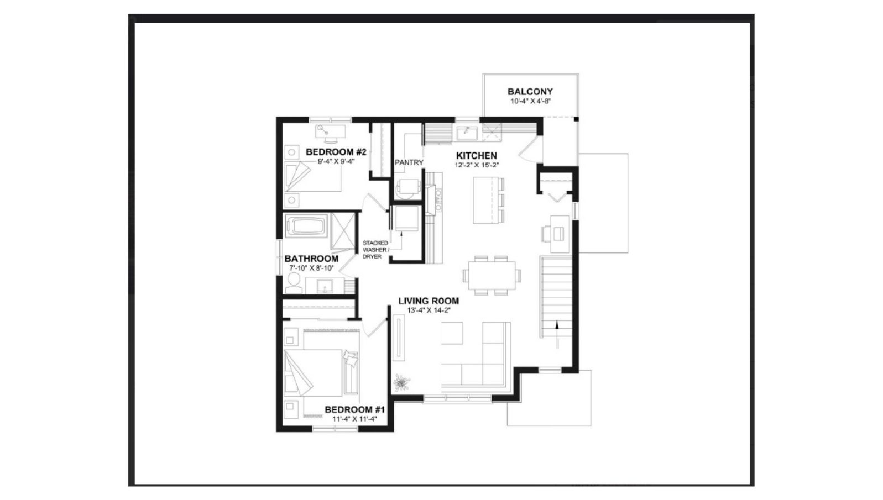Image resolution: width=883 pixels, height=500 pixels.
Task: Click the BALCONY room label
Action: pos(530,91)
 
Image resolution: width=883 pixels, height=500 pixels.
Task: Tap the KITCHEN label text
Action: pos(477,156)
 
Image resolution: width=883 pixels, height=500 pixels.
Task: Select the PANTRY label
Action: pos(409,162)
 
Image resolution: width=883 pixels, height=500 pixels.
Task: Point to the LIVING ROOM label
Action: pos(429,301)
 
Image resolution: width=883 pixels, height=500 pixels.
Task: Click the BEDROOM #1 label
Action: pos(355,410)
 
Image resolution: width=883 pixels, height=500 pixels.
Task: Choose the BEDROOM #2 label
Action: pos(336,152)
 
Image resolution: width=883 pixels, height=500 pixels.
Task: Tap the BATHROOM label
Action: pos(311,259)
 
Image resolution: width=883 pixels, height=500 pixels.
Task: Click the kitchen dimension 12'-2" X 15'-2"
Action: pos(477,165)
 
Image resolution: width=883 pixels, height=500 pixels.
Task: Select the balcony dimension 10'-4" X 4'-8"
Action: pos(530,101)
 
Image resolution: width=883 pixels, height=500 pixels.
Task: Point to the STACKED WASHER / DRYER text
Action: pos(375,250)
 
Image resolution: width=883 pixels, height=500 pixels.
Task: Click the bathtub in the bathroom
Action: pos(306,226)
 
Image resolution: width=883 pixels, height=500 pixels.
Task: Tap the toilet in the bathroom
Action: pos(294,283)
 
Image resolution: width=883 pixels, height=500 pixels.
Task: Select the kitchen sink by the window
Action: pos(467,133)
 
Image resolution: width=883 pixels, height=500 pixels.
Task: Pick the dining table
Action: pos(492,275)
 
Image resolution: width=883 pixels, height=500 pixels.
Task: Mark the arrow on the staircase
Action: pos(557,334)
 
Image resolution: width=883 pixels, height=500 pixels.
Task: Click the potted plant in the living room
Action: pos(401,382)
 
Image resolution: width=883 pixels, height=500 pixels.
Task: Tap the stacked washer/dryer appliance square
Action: pos(407,218)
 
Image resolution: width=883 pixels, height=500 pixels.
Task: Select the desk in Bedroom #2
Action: pos(331,131)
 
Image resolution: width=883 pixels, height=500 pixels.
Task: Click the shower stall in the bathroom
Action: pos(343,231)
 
